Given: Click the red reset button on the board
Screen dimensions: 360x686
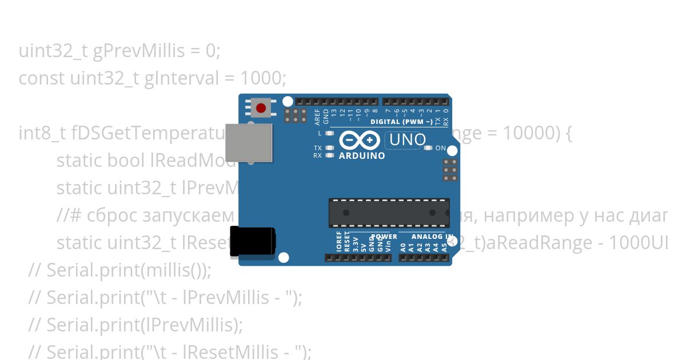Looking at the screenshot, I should pyautogui.click(x=261, y=108).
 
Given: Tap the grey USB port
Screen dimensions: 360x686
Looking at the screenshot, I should pyautogui.click(x=248, y=142).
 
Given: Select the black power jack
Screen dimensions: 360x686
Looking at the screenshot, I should pyautogui.click(x=252, y=241).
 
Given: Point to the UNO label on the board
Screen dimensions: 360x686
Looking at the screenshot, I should pyautogui.click(x=406, y=139).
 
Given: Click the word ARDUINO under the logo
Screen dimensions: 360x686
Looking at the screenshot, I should pyautogui.click(x=361, y=155).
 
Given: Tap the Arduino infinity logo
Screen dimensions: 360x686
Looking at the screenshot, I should pyautogui.click(x=360, y=140).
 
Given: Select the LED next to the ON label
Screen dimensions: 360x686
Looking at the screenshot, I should pyautogui.click(x=428, y=148).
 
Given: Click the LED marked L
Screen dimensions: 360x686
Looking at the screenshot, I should pyautogui.click(x=329, y=133).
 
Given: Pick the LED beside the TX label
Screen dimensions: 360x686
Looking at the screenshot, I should pyautogui.click(x=329, y=147).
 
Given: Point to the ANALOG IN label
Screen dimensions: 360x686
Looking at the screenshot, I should pyautogui.click(x=432, y=237).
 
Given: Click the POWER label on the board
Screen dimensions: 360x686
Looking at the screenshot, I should pyautogui.click(x=384, y=237).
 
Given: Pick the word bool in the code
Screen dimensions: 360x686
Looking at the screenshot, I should pyautogui.click(x=126, y=161).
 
